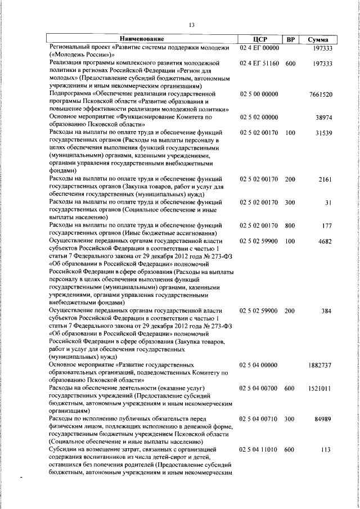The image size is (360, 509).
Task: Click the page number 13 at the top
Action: (x=192, y=25)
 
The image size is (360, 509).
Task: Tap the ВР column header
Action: (x=290, y=39)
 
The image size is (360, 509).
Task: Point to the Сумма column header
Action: (x=318, y=39)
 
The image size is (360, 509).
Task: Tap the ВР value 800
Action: (x=290, y=226)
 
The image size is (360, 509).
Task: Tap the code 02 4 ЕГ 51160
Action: (x=259, y=64)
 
